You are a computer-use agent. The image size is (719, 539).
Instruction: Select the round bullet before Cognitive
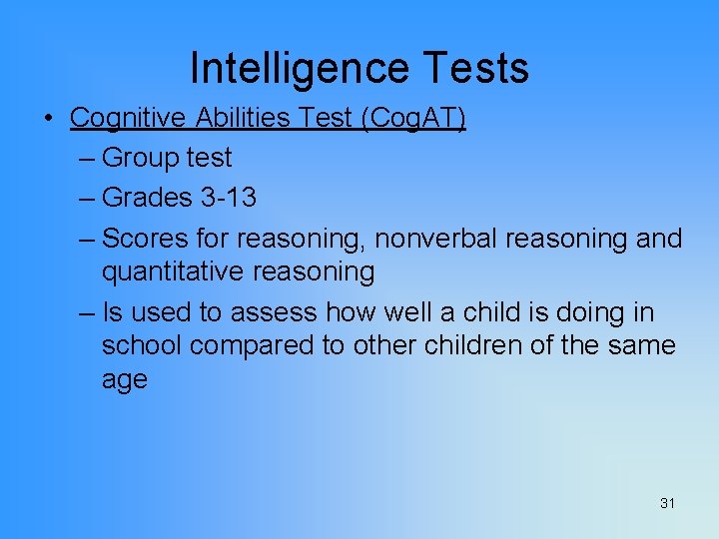click(48, 119)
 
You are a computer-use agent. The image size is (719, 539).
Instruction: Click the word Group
click(137, 158)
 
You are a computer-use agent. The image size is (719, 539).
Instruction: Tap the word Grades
click(148, 197)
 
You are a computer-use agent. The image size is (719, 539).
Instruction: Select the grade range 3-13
click(229, 197)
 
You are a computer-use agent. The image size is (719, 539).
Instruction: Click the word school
click(142, 345)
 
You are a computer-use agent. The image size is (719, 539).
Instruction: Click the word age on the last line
click(124, 381)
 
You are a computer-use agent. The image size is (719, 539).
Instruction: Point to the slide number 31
click(667, 503)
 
